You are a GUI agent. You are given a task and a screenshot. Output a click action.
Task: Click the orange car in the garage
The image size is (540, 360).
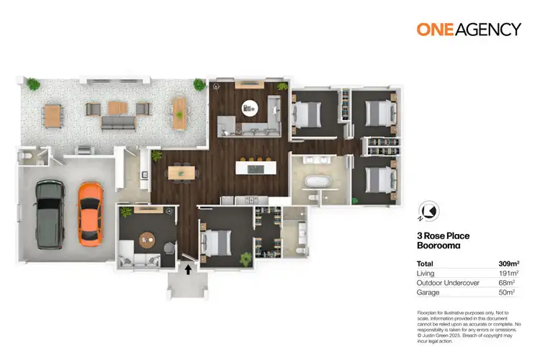[89, 212]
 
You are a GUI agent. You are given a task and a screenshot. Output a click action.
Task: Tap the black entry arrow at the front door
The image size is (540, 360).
[189, 271]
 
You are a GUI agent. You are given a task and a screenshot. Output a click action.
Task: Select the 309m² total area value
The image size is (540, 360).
[508, 263]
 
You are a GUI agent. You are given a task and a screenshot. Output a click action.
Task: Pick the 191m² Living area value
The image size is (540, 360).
[508, 273]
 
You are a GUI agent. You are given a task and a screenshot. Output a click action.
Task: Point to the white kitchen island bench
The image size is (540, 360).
[258, 169]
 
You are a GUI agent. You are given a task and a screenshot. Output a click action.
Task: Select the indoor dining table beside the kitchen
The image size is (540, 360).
[181, 172]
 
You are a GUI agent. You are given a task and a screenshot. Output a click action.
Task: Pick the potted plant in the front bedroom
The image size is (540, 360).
[247, 257]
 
